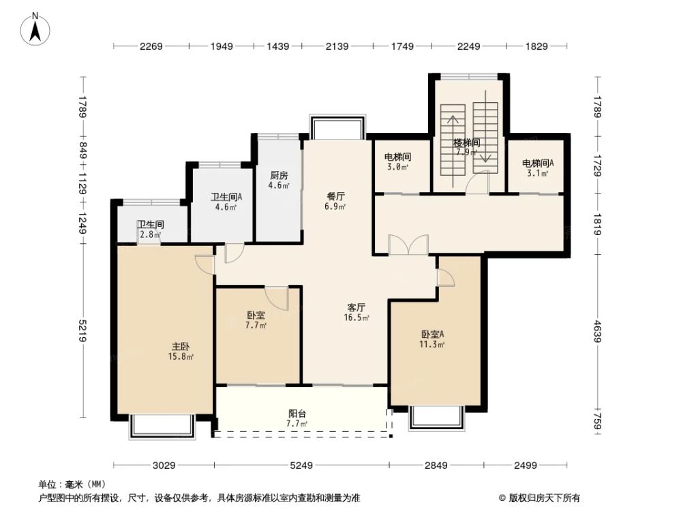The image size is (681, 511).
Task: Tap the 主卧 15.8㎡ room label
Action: (x=181, y=351)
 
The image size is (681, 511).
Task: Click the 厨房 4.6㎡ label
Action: (x=279, y=180)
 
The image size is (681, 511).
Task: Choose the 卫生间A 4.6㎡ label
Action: (x=222, y=202)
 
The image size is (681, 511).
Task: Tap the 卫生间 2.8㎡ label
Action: (x=150, y=230)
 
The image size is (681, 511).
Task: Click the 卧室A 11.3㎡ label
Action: (x=432, y=339)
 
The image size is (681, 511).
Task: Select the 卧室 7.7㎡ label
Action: (x=256, y=320)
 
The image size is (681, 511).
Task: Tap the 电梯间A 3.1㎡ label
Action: (x=538, y=168)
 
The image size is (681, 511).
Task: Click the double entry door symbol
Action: (x=408, y=246)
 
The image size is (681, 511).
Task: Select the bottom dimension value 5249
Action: (x=301, y=465)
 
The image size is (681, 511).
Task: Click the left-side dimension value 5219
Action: (x=83, y=331)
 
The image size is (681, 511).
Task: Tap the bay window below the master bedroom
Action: (x=162, y=426)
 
